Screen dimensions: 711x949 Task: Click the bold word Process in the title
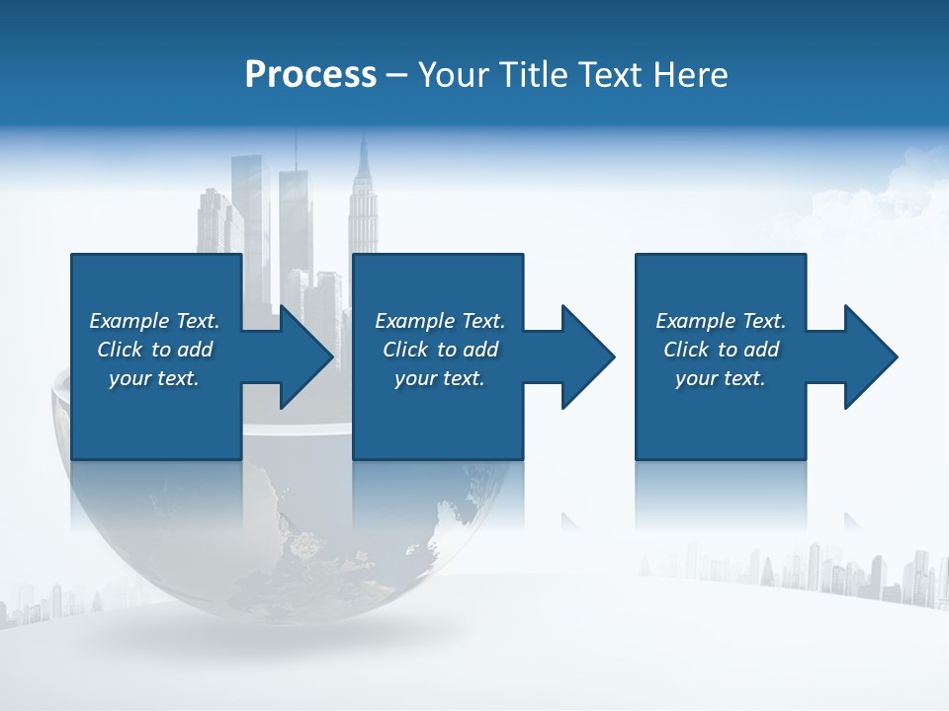coord(310,75)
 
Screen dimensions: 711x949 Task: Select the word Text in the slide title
coord(611,75)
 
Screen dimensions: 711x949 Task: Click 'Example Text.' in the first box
coord(154,321)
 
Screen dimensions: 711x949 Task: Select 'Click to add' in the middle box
coord(440,350)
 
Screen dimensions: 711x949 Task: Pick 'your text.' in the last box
coord(721,378)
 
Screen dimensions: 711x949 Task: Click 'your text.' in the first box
coord(154,378)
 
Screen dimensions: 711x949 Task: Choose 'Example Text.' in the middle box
coord(440,321)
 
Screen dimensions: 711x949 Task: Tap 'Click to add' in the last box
coord(721,350)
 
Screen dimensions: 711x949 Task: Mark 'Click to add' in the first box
coord(154,350)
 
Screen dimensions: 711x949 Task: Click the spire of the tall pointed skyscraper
coord(363,148)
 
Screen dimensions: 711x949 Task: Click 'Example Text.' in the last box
coord(721,321)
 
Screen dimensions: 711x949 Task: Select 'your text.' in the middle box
coord(440,378)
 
